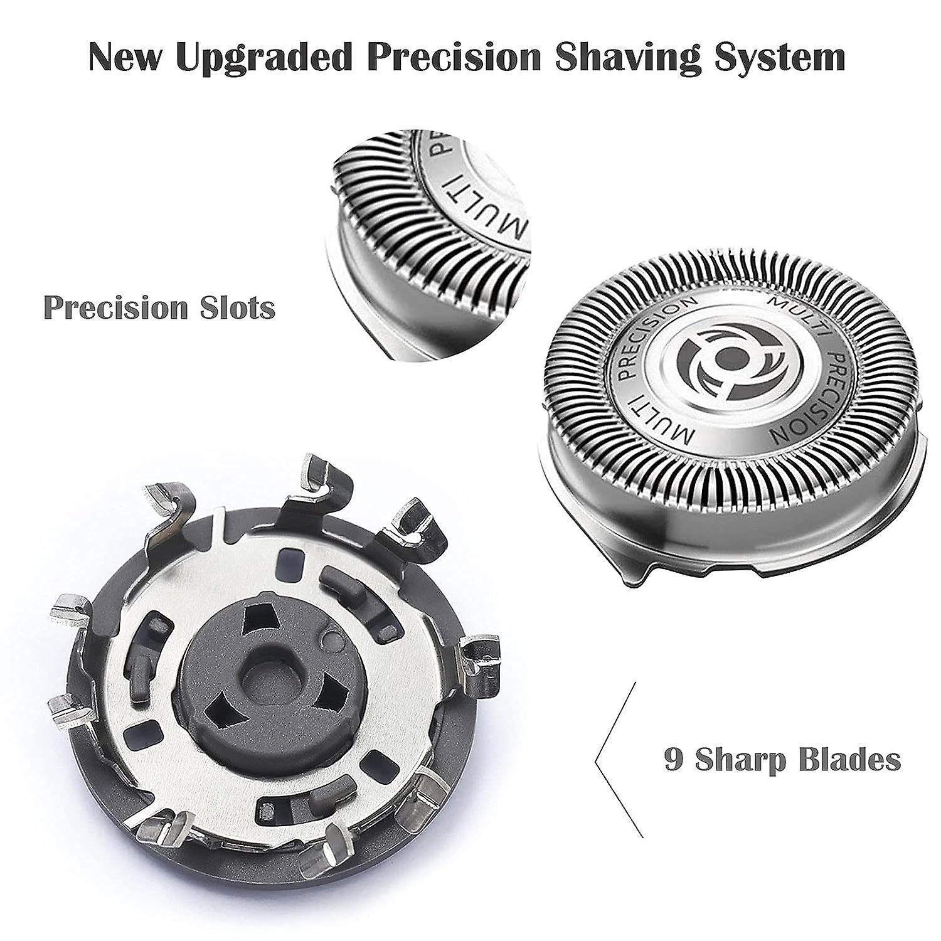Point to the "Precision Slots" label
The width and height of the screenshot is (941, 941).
[x=159, y=308]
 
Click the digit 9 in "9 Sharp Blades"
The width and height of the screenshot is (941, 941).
[x=673, y=759]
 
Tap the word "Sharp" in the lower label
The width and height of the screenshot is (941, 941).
[x=740, y=759]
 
